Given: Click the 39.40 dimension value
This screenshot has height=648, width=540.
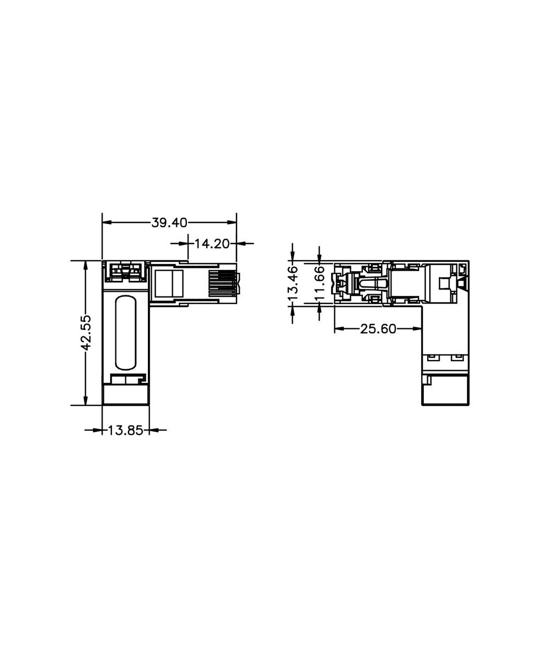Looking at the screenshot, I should coord(169,222).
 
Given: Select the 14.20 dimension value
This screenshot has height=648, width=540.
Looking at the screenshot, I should coord(212,244).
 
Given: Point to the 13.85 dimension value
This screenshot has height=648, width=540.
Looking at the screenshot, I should coord(125,430).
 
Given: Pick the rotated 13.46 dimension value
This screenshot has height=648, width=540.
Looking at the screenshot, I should coord(293,283).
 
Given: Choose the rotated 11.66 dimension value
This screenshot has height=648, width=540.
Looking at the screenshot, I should coord(320,283).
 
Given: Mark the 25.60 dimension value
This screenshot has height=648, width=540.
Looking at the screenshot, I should coord(378,329).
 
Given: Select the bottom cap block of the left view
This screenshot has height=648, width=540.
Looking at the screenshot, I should coord(125,394).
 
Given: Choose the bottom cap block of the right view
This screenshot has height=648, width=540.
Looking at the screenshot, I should coord(445,391).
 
